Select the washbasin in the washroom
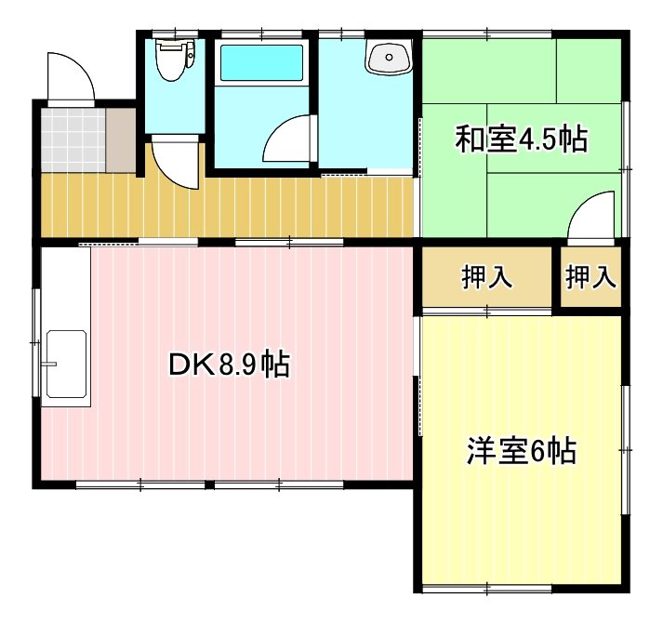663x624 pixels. (x=388, y=59)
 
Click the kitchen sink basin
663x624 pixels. (x=64, y=362)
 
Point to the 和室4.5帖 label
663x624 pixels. (x=520, y=139)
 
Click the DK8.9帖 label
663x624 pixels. (x=229, y=365)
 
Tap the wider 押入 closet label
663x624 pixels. (x=486, y=277)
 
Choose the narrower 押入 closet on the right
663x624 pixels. (x=591, y=277)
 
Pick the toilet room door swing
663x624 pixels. (x=175, y=164)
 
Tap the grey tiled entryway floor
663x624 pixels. (x=73, y=139)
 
